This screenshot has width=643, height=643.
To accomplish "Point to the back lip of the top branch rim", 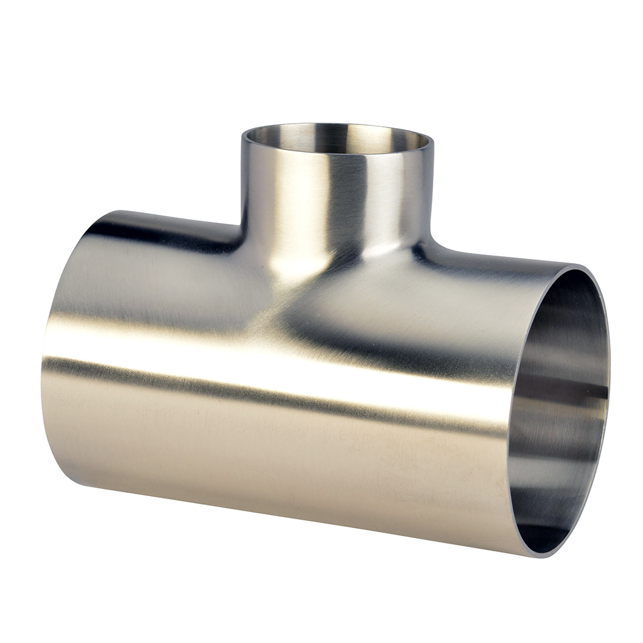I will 337,125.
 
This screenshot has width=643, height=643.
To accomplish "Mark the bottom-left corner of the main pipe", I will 75,484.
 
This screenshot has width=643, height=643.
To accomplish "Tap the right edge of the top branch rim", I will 433,143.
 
